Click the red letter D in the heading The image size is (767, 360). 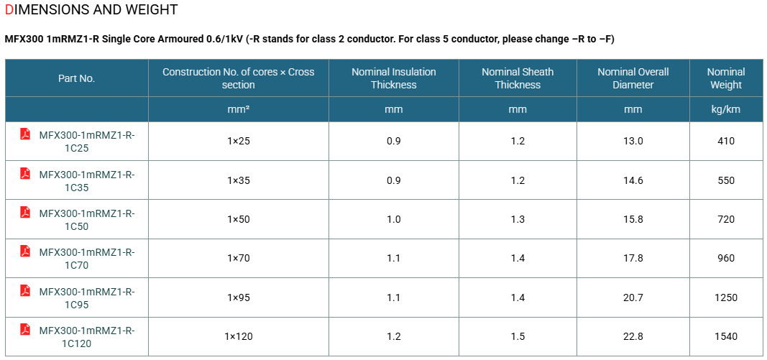(x=8, y=9)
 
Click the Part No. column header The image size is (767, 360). (x=76, y=78)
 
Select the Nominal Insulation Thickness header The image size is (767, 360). (x=394, y=78)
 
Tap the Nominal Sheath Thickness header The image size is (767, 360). (x=518, y=78)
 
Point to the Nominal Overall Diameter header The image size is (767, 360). (x=633, y=78)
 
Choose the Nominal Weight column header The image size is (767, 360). (x=726, y=78)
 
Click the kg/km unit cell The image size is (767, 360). (x=726, y=109)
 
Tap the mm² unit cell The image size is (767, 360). (x=239, y=109)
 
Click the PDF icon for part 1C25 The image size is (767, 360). (x=25, y=134)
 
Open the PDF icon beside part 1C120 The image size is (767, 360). (x=25, y=329)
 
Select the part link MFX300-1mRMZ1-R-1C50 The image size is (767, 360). (x=87, y=220)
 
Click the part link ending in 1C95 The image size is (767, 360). (x=87, y=298)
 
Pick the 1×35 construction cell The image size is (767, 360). (x=239, y=180)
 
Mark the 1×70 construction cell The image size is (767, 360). (x=239, y=258)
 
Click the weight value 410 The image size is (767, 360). (x=726, y=142)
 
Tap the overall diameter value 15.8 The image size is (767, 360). (x=633, y=220)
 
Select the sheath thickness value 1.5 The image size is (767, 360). (x=518, y=336)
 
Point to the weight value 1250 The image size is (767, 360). (x=726, y=297)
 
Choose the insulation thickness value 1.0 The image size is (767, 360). (x=394, y=220)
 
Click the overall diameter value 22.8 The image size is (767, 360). (x=633, y=336)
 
